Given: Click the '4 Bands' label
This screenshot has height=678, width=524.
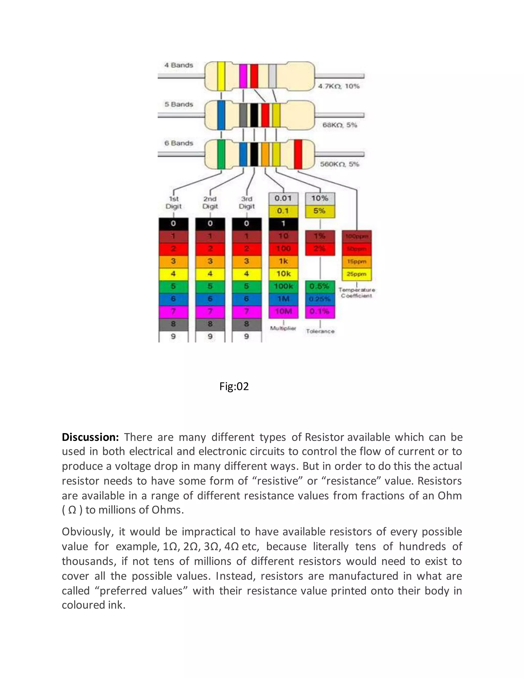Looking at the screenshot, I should coord(179,65).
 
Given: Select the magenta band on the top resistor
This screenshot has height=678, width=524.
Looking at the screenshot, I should coord(243,76).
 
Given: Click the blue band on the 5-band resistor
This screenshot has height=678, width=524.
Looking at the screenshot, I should coord(221,115).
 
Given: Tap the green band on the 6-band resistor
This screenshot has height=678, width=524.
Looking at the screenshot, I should coord(221,154).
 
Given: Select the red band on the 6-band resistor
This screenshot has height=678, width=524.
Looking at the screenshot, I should coord(298,154).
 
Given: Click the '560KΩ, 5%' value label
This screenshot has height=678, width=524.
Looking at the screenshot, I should coord(339,164).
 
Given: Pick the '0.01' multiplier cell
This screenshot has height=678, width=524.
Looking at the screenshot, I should coord(283,198).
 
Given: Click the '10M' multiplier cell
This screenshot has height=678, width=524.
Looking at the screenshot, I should coord(283,311).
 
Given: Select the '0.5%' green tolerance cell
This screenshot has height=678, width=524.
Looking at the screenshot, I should coord(320,286).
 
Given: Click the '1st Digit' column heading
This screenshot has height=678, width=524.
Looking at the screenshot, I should coord(173,202).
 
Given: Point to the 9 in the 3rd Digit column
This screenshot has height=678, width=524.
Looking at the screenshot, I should coord(246,336).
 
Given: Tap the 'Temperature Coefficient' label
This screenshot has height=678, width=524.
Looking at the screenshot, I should coord(356,292).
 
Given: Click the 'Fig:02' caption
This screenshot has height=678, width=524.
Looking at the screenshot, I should coord(234,387).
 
